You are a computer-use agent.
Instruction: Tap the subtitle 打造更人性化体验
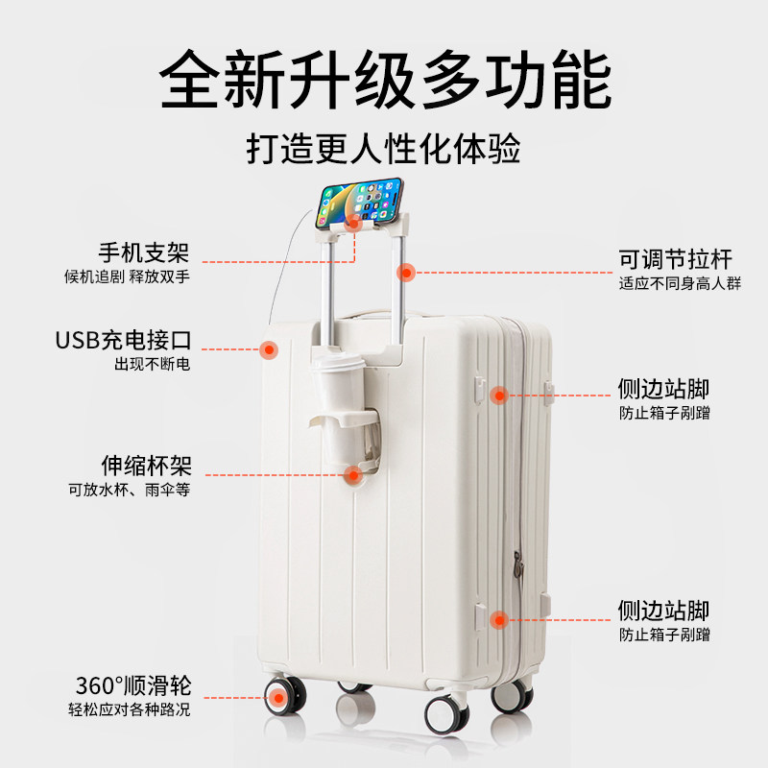pos(384,151)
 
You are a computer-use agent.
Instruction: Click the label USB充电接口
pos(123,341)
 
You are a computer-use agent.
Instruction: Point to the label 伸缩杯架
pos(146,466)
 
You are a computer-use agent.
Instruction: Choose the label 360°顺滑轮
pos(133,686)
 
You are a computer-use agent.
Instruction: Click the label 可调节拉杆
pos(676,259)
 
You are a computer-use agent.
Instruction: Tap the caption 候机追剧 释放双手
pos(128,277)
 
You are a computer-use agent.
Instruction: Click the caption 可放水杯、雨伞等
pos(130,490)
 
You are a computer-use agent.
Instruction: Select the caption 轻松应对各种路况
pos(130,710)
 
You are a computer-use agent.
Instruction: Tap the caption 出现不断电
pos(153,365)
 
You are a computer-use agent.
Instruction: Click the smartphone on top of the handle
pos(359,199)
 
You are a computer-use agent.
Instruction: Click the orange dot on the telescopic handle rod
pos(406,272)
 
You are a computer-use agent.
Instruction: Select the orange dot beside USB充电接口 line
pos(269,349)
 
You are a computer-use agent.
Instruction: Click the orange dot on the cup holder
pos(353,473)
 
